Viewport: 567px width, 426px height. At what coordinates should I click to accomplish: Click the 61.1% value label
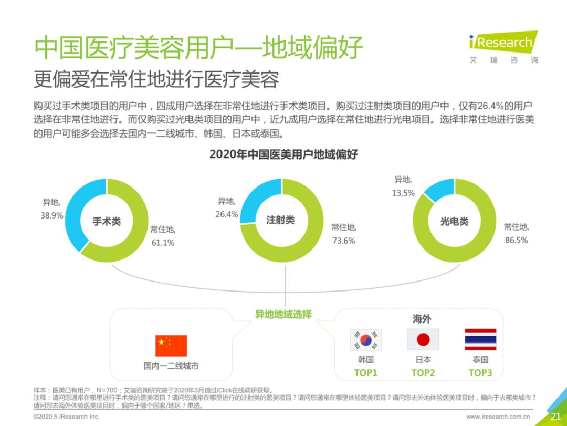(162, 243)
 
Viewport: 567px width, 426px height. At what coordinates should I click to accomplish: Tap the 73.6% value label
(343, 241)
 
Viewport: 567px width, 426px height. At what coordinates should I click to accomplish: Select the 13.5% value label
(403, 193)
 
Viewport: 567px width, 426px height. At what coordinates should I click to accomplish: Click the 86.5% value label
(516, 240)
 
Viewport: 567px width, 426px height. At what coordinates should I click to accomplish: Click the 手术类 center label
(107, 222)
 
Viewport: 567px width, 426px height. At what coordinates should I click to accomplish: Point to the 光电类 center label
(454, 222)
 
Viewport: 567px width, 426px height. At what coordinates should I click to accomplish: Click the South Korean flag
(366, 340)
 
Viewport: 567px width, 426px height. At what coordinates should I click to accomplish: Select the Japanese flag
(423, 340)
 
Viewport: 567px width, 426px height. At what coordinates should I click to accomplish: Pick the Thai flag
(480, 340)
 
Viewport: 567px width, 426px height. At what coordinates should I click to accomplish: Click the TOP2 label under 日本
(423, 372)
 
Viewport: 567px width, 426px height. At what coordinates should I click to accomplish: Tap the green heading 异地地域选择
(283, 315)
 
